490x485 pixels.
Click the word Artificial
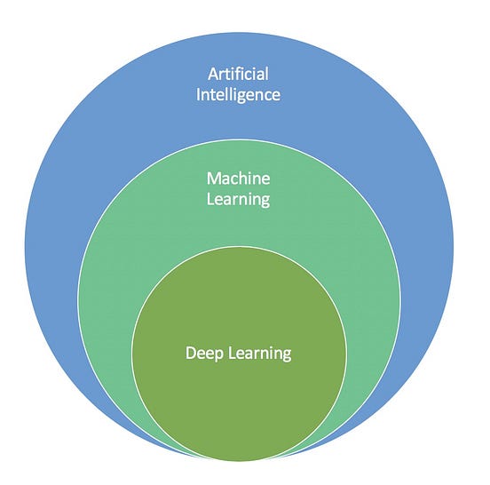pos(238,74)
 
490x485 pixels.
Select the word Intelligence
pos(238,93)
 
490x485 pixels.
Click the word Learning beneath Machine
pos(238,200)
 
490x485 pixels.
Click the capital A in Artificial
pos(214,74)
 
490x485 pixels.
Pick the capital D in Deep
pos(190,353)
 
